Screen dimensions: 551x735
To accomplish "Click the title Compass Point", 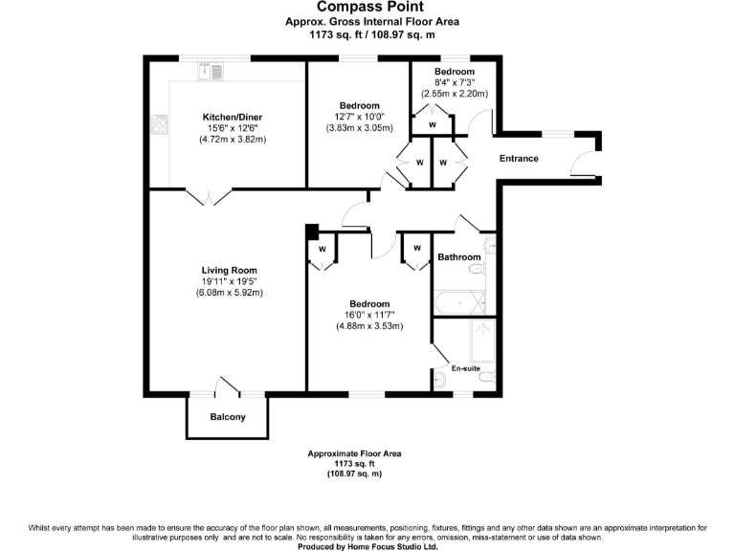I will [367, 7].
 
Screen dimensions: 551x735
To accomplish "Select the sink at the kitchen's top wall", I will [210, 71].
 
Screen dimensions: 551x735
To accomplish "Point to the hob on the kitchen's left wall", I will [158, 123].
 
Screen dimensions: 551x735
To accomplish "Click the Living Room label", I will [230, 270].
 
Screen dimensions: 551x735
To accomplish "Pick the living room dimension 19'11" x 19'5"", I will [230, 281].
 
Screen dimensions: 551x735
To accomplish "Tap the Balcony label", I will [228, 416].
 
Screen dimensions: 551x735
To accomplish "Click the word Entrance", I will [519, 159].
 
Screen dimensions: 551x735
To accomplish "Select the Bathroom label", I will [459, 257].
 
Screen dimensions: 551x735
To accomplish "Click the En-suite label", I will [466, 368].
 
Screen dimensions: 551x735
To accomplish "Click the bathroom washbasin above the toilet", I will [490, 246].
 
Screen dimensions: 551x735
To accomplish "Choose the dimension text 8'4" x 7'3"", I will [454, 83].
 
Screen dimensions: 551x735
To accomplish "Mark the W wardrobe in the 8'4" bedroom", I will [433, 124].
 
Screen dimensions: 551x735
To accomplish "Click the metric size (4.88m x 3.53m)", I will [368, 325].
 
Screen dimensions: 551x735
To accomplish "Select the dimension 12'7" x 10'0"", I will [359, 117].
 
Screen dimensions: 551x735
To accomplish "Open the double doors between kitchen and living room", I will [208, 196].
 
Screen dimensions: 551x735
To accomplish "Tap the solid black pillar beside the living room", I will [311, 231].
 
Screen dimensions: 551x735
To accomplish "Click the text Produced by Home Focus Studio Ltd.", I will [367, 547].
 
